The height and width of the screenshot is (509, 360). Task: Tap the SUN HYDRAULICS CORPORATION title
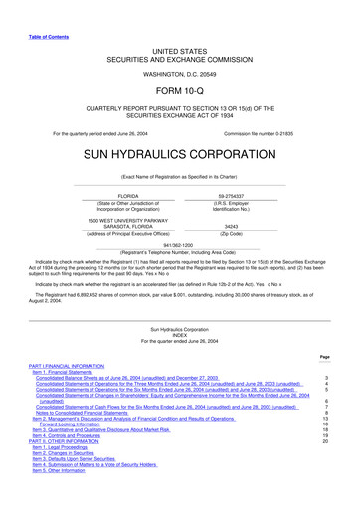pyautogui.click(x=179, y=157)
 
